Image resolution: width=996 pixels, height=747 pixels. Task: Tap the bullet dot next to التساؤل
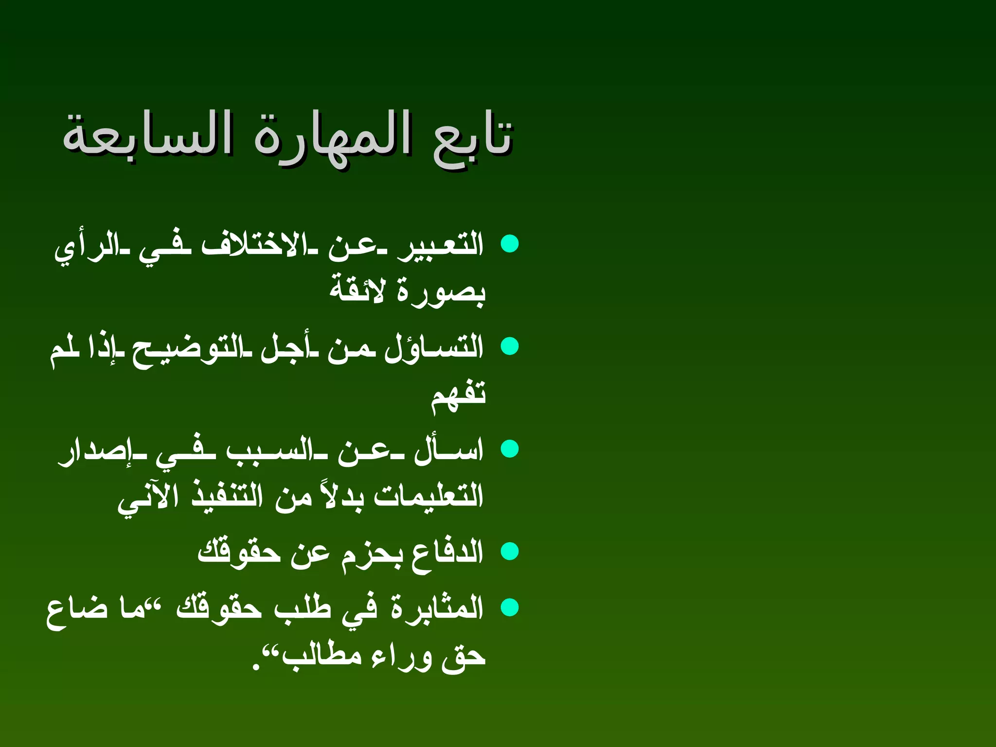pos(510,346)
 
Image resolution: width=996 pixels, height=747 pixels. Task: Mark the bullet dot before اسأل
pos(510,449)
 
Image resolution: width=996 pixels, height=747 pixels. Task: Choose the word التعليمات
pos(428,496)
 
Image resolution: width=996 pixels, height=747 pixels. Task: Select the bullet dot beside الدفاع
pos(510,551)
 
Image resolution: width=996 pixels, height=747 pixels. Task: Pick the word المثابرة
pos(437,608)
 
